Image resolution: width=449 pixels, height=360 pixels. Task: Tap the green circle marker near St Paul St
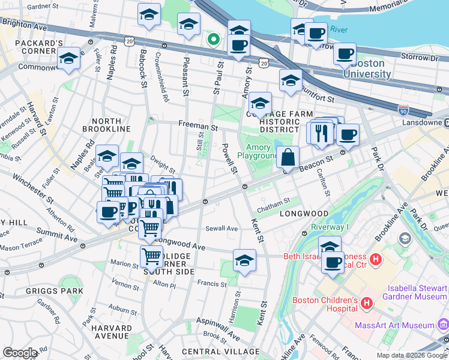coord(212,40)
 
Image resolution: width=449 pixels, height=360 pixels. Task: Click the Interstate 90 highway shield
coord(402,110)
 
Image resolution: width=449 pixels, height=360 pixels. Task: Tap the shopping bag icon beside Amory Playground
coord(288,157)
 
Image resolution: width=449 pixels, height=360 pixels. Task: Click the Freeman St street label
coord(197,127)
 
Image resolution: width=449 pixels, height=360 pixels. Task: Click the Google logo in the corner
coord(20,352)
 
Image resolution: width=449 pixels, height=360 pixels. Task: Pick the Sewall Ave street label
coord(222,228)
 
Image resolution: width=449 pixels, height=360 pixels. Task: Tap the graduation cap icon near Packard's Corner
coord(69,59)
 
